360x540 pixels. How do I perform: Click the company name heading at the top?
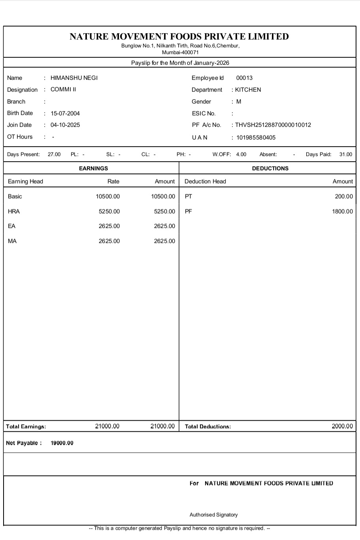(179, 36)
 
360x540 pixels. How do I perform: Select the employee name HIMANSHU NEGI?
(74, 78)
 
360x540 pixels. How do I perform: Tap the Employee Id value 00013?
(244, 78)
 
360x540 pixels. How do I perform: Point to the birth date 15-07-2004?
(65, 113)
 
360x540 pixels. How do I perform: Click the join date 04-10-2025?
(65, 125)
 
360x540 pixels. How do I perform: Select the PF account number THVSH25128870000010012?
(273, 125)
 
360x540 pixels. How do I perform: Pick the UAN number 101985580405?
(256, 137)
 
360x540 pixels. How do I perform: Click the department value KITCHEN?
(248, 90)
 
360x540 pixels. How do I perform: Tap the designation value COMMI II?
(63, 89)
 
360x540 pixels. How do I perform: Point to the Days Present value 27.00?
(54, 154)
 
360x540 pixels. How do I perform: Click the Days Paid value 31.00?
(345, 154)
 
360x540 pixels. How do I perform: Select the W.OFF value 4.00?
(241, 154)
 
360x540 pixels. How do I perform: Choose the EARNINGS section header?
(93, 168)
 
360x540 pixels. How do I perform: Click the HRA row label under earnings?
(14, 211)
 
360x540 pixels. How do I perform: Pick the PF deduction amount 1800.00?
(342, 211)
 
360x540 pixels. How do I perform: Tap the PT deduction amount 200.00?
(344, 196)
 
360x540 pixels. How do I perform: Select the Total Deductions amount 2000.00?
(342, 426)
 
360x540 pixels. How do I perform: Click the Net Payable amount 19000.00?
(62, 443)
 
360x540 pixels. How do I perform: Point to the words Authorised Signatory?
(213, 515)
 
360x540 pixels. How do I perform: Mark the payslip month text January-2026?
(211, 63)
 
